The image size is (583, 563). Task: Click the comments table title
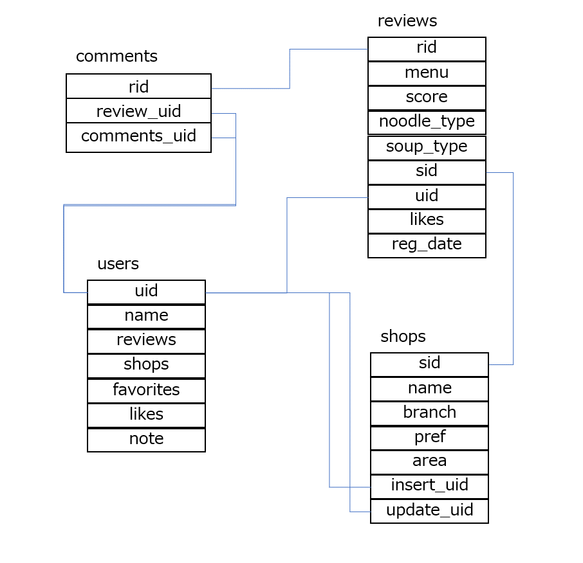coord(116,57)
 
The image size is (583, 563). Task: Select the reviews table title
coord(407,21)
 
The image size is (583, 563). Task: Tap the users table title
coord(118,264)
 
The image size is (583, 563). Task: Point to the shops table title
coord(403,336)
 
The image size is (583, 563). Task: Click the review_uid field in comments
coord(138,111)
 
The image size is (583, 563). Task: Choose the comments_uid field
coord(138,136)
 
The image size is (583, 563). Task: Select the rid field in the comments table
coord(138,87)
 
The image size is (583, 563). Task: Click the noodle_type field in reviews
coord(427,121)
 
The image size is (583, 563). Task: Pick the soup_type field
coord(427,147)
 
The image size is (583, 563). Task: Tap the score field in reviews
coord(427,97)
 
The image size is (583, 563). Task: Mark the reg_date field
coord(427,244)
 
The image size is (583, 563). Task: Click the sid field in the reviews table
coord(427,171)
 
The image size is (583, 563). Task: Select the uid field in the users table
coord(146,291)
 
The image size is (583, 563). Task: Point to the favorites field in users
coord(146,389)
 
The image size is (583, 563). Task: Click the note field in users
coord(146,439)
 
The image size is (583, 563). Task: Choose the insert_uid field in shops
coord(429,485)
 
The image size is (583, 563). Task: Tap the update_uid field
coord(429,510)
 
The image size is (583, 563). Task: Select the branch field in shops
coord(429,412)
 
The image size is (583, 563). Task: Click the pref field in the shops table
coord(429,437)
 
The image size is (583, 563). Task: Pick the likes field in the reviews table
coord(427,220)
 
